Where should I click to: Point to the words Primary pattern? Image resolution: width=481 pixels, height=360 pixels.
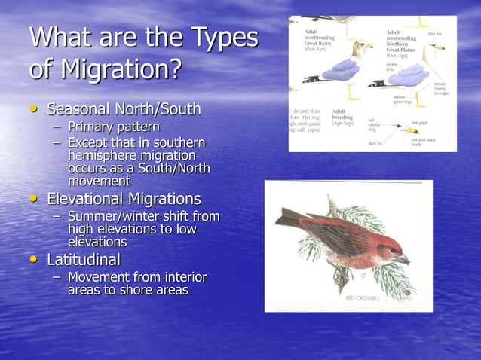point(113,127)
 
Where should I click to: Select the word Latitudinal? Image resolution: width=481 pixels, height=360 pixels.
point(84,261)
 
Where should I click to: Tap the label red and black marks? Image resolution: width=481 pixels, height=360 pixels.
point(422,141)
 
